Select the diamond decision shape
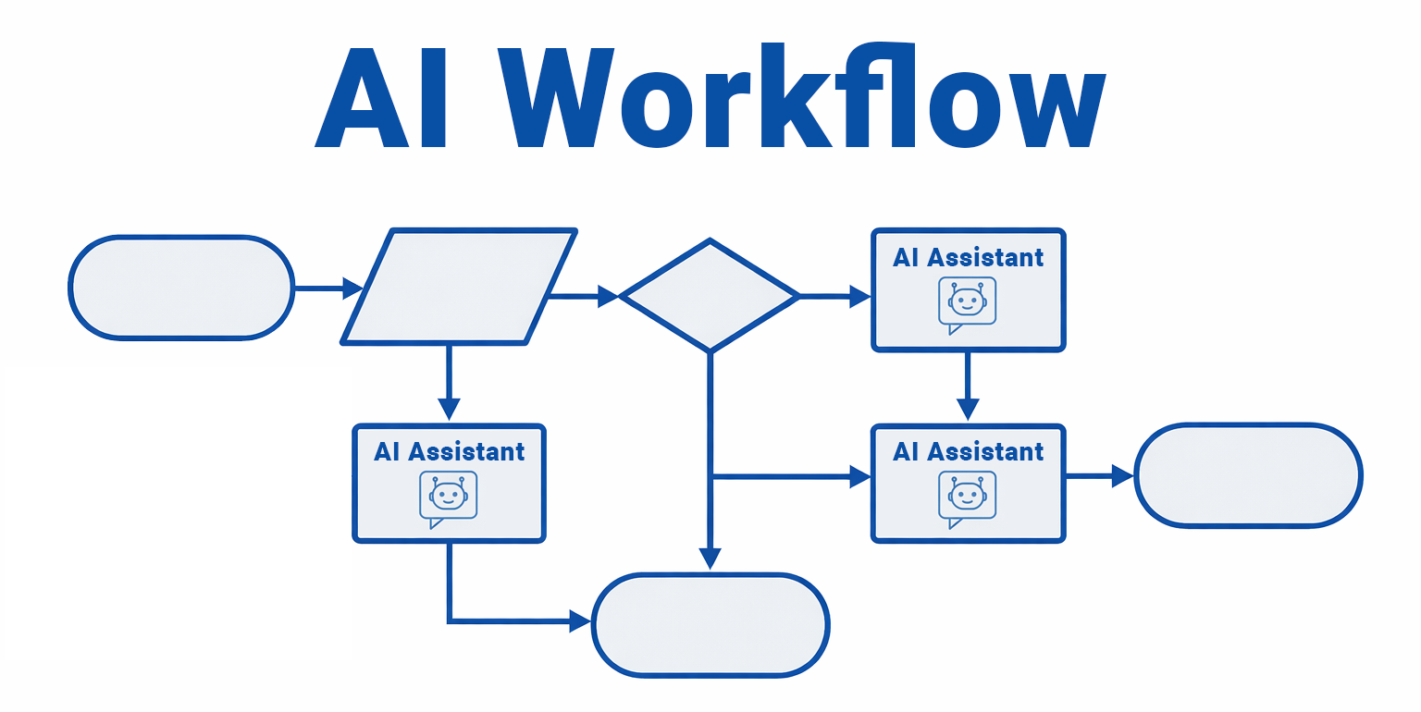pos(709,296)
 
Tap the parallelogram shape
pos(459,288)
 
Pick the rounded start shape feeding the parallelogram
pos(181,288)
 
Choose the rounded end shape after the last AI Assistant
pos(1248,476)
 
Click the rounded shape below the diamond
pos(710,625)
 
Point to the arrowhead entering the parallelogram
pos(352,288)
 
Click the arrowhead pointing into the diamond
pos(608,296)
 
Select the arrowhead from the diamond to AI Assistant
pos(860,296)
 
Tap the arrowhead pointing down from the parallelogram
pos(449,410)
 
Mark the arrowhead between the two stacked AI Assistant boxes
pos(968,410)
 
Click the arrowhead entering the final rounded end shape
pos(1123,476)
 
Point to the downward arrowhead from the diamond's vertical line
pos(710,559)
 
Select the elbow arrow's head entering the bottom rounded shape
pos(580,620)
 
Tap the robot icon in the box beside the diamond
pos(968,302)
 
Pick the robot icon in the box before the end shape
pos(968,497)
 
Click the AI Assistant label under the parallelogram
pos(449,452)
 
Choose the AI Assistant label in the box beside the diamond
pos(968,258)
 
